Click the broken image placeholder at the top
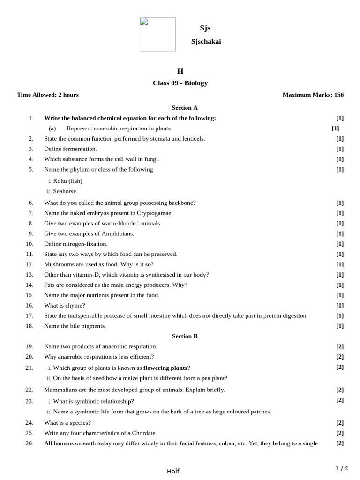pos(157,34)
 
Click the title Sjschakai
pos(206,42)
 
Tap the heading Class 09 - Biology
pos(180,83)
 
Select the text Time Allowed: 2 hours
pos(48,95)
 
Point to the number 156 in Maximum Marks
pos(338,95)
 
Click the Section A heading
pos(185,108)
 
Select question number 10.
pos(30,244)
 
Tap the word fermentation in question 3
pos(80,149)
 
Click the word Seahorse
pos(64,191)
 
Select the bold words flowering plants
pos(165,367)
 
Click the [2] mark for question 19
pos(340,346)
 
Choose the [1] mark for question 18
pos(340,326)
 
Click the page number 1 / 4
pos(342,468)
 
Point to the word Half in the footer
pos(173,471)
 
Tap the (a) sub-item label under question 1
pos(52,128)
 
